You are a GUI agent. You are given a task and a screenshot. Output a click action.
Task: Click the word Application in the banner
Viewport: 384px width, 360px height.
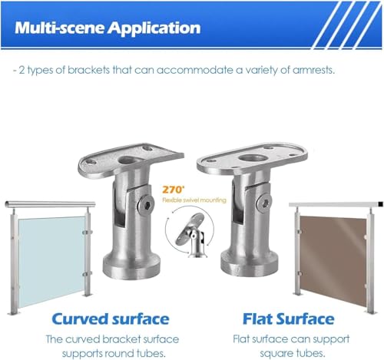click(x=154, y=28)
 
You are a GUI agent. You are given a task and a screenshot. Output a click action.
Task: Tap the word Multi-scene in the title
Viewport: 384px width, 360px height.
click(x=59, y=28)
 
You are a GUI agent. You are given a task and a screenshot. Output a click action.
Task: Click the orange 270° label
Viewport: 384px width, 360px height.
click(x=174, y=190)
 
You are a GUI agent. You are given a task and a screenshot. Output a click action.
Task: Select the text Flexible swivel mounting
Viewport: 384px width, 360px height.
click(x=194, y=200)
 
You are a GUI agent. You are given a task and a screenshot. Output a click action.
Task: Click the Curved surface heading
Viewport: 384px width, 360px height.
click(x=111, y=319)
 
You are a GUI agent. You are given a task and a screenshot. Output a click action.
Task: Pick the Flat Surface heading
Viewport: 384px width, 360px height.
click(x=289, y=319)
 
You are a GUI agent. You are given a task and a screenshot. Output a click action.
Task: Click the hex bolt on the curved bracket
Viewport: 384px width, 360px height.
click(x=145, y=204)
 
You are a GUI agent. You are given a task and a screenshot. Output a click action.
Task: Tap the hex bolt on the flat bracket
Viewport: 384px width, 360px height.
click(x=263, y=202)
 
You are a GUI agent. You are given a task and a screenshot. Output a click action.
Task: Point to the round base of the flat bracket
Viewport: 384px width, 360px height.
click(x=250, y=264)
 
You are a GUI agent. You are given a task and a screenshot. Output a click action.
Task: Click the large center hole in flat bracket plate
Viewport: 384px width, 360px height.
click(x=252, y=158)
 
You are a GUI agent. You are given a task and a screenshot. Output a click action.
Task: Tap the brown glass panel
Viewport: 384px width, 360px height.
click(x=333, y=259)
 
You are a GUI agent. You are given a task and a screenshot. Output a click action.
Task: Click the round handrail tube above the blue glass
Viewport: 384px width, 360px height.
click(x=50, y=204)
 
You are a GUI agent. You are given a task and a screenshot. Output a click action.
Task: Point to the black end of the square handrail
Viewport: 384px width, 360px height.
click(x=380, y=204)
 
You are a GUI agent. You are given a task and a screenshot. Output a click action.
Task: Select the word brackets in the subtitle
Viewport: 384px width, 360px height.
click(x=88, y=70)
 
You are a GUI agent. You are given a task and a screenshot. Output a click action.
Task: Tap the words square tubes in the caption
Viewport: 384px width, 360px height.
click(x=293, y=353)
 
